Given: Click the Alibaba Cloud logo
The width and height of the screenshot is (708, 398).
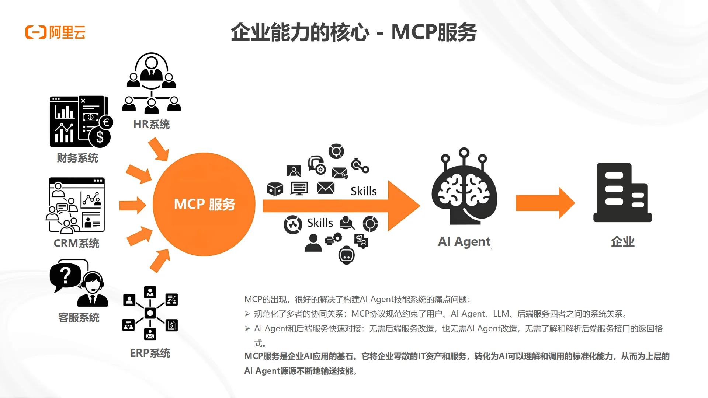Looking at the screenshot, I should (55, 32).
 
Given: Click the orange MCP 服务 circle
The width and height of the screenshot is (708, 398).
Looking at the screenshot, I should (204, 204).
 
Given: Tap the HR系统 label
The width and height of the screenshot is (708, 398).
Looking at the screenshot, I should (151, 125).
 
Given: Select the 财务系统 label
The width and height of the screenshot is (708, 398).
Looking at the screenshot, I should (77, 158).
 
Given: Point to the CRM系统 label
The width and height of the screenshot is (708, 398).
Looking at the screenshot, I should (76, 243).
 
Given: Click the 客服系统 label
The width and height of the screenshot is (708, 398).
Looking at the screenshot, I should (79, 318).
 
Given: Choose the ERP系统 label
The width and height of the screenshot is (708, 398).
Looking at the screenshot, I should (150, 353).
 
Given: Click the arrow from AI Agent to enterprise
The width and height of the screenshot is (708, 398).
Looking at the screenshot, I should (545, 203).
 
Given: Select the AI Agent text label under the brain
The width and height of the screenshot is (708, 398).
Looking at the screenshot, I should (464, 241).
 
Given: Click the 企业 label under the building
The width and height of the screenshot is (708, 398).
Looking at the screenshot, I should (622, 242).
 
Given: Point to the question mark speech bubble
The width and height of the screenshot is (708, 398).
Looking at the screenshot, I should (66, 275).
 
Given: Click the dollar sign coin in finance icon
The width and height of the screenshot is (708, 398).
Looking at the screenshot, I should (100, 137).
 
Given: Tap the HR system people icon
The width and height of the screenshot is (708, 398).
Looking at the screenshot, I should (151, 83).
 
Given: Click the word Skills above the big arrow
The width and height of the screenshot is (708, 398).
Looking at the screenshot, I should (363, 191).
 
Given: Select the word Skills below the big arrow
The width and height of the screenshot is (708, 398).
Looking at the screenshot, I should (320, 223).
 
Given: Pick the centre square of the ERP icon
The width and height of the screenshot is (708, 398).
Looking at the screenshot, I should (150, 313).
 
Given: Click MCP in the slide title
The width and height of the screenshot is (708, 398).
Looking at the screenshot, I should (414, 32).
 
